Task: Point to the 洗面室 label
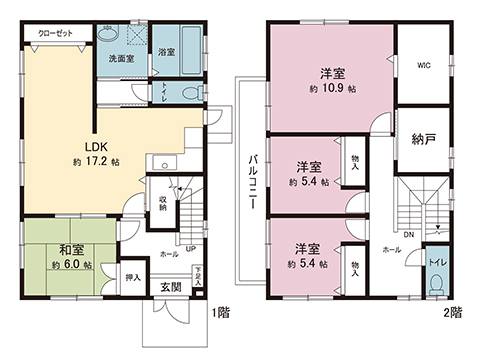(x=122, y=59)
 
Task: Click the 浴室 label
(x=166, y=51)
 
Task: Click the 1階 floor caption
(x=221, y=313)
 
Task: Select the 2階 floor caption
(x=455, y=313)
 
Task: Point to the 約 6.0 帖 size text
(x=72, y=266)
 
